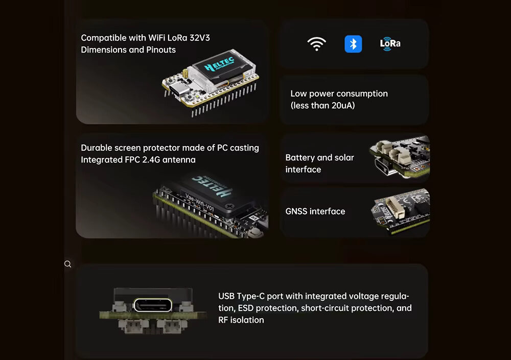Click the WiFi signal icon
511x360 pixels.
point(317,44)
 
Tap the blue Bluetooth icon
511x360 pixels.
point(353,44)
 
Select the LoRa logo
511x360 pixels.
point(390,43)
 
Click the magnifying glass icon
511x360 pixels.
point(67,264)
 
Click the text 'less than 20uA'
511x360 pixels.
point(322,106)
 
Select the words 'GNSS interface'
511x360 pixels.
point(315,211)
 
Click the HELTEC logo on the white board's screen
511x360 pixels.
point(219,65)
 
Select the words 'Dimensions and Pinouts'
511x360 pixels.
point(128,50)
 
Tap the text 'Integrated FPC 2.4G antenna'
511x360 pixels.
point(138,160)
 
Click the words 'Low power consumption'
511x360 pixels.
point(339,93)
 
